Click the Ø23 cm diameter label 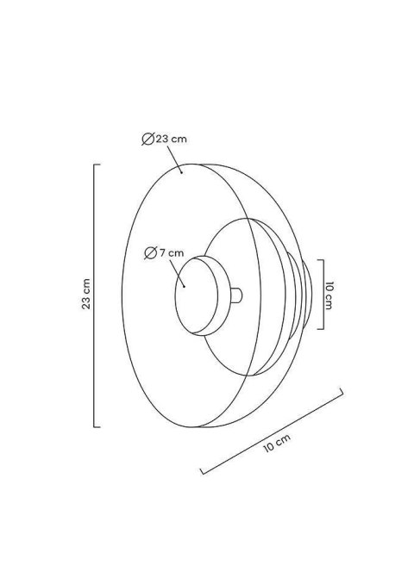click(x=164, y=139)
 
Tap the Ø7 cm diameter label click(x=164, y=253)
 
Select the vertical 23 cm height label click(x=86, y=294)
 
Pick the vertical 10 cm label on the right click(x=329, y=295)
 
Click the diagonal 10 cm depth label click(x=277, y=444)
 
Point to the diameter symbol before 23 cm click(x=148, y=139)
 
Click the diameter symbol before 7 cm click(x=150, y=253)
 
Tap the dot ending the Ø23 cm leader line click(x=181, y=172)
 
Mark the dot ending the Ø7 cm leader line click(x=185, y=287)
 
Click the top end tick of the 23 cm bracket click(x=97, y=165)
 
